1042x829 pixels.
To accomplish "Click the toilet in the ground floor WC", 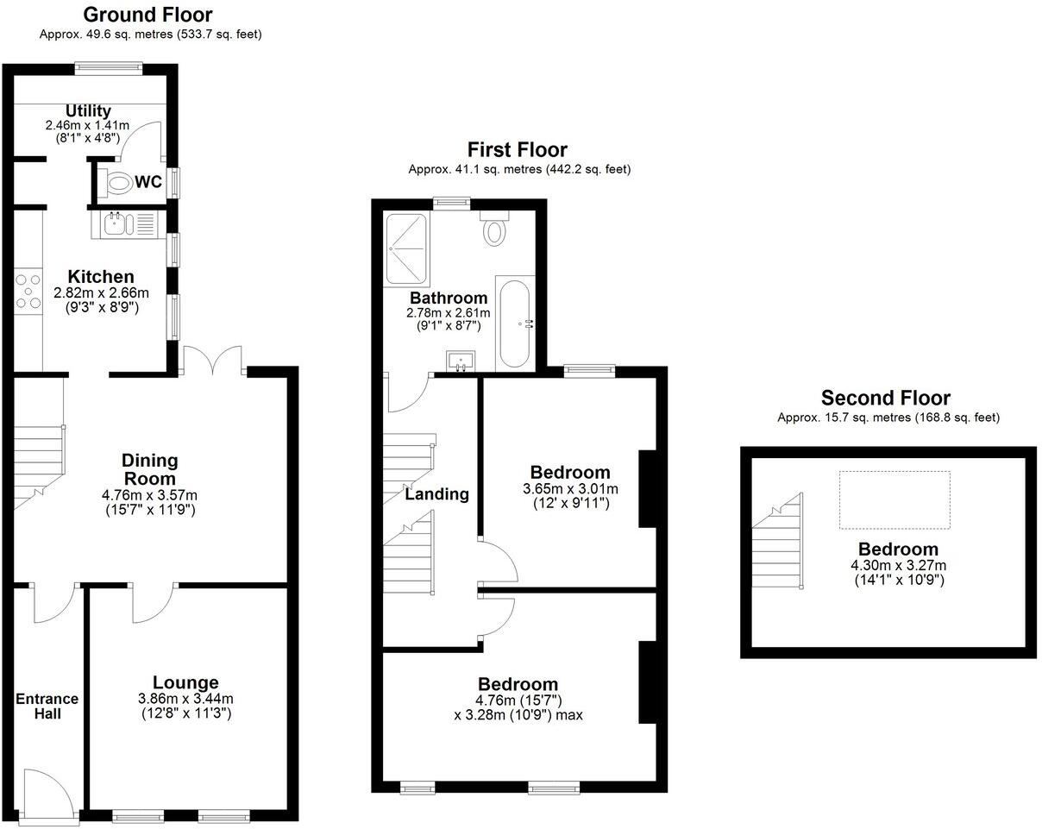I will point(115,182).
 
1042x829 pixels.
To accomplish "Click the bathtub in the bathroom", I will point(515,323).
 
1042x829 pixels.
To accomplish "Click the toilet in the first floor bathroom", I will point(494,229).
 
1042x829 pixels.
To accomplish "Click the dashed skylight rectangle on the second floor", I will point(894,499).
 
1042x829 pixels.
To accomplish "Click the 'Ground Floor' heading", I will point(148,15).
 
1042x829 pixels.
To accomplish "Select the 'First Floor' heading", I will point(518,149).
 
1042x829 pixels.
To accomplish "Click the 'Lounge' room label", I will point(185,682).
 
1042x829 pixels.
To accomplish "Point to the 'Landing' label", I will point(437,494).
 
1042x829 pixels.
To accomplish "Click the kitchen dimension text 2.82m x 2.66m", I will point(101,293).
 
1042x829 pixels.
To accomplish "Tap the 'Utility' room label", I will point(89,110).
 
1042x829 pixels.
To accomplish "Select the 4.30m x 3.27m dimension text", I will point(898,566).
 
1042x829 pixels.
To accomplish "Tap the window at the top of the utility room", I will point(108,66).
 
